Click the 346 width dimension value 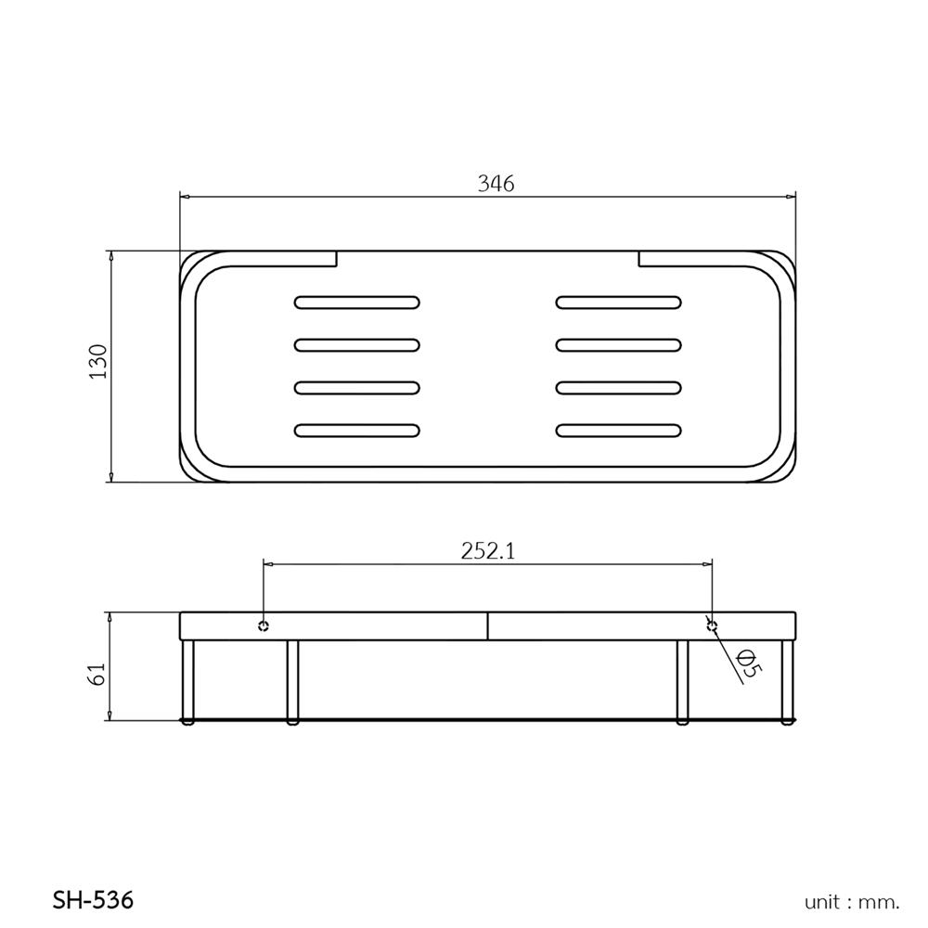tap(496, 183)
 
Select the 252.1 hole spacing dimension tap(488, 550)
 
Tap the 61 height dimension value tap(98, 674)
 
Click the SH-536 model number tap(92, 899)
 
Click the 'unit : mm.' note tap(852, 901)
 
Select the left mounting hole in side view tap(264, 625)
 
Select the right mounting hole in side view tap(712, 625)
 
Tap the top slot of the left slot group tap(356, 302)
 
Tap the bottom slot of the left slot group tap(356, 430)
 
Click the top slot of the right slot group tap(619, 302)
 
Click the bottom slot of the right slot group tap(619, 430)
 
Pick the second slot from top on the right tap(619, 344)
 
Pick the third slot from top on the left tap(356, 387)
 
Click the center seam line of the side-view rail tap(486, 625)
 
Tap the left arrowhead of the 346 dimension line tap(184, 197)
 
